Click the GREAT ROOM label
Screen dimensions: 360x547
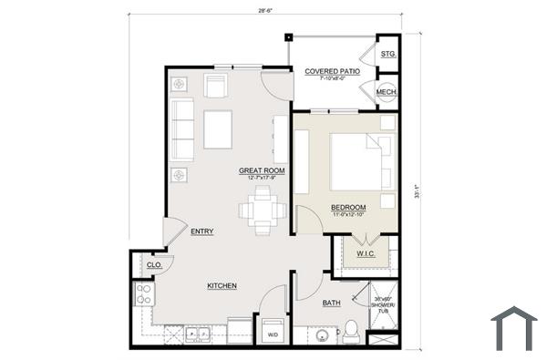263,170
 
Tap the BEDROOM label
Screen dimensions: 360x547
347,207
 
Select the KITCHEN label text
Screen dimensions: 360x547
222,286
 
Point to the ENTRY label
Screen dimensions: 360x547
202,231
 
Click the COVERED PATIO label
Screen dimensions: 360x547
331,71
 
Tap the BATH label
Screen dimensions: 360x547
331,303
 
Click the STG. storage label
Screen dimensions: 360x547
387,55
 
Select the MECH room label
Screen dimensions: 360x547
386,92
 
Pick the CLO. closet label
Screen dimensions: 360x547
154,265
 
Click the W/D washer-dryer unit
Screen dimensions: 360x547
272,332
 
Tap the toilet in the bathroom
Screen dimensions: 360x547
351,332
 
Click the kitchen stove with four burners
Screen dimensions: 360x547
143,293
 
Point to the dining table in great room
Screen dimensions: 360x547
257,211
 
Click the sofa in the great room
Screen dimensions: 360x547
181,130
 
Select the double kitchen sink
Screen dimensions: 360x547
198,335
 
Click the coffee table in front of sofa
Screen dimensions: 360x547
218,129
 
